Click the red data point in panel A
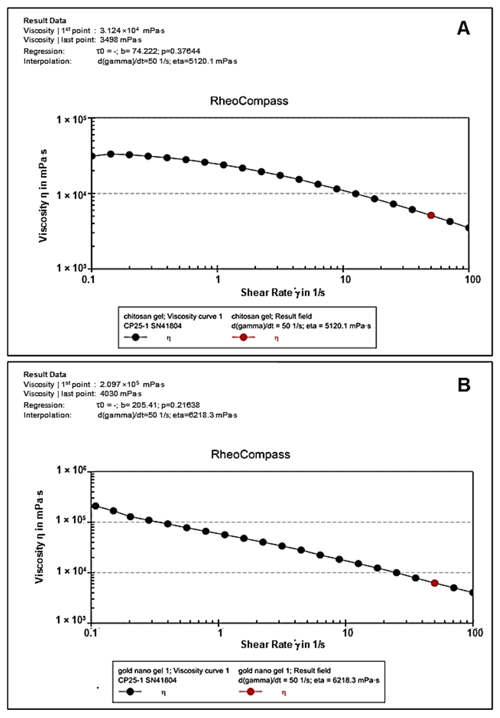click(431, 215)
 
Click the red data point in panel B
click(434, 583)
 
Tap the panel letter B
click(464, 385)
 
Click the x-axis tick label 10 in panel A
click(345, 279)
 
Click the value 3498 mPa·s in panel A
click(121, 40)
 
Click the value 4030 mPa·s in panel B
click(121, 394)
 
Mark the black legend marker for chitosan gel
click(135, 337)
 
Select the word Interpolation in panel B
click(48, 415)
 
